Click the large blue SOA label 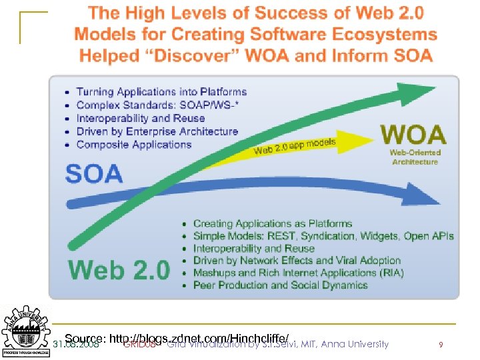[x=94, y=173]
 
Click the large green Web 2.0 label [x=119, y=269]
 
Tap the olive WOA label [x=413, y=135]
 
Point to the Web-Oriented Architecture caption [x=414, y=157]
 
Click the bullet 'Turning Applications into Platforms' [x=161, y=92]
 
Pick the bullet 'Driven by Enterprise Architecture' [x=157, y=131]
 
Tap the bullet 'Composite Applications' [x=133, y=145]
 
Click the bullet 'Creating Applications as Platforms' [x=272, y=224]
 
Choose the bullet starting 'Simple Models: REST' [x=323, y=236]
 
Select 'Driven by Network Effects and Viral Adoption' [x=297, y=261]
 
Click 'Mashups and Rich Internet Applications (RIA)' [x=298, y=273]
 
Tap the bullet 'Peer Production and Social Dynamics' [x=280, y=285]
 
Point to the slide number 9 [x=441, y=345]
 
